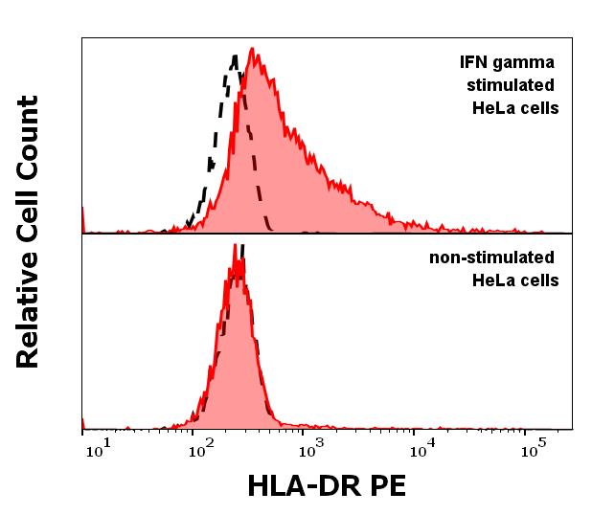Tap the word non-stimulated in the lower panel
[x=492, y=257]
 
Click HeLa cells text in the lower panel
[x=515, y=280]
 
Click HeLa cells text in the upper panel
[x=515, y=108]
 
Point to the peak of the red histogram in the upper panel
[x=253, y=49]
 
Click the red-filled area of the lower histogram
[x=230, y=364]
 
